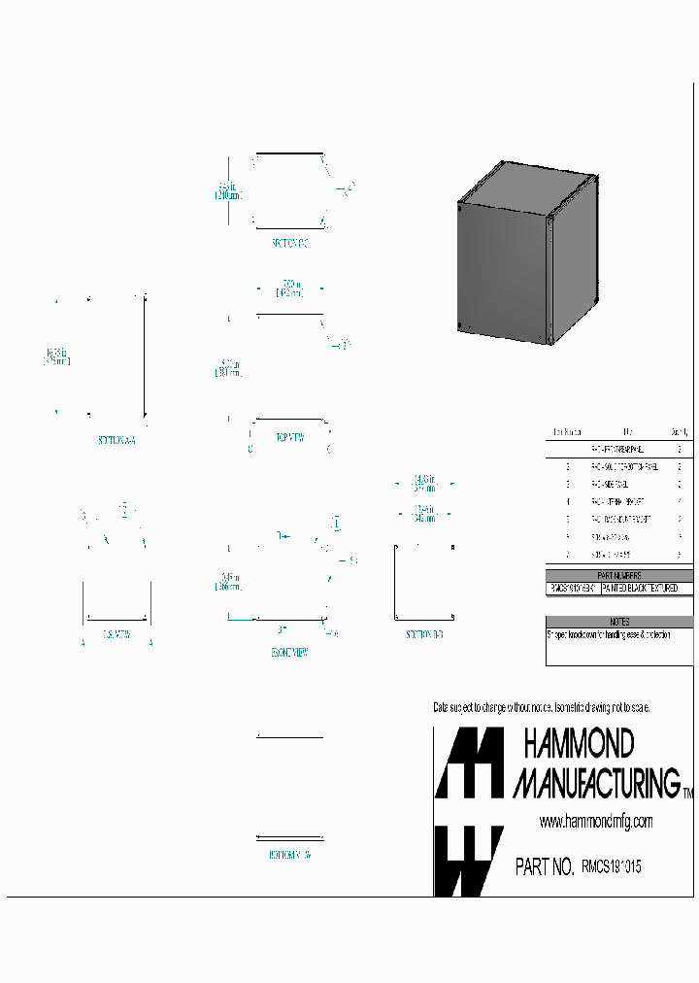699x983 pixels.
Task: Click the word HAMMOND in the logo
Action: tap(579, 745)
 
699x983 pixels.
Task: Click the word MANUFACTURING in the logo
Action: tap(596, 782)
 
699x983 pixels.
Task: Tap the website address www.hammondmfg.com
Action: tap(596, 822)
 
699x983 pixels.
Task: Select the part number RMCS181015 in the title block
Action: tap(611, 867)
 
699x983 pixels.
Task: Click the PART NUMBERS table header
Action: tap(621, 576)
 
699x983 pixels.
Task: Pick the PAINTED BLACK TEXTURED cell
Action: tap(647, 589)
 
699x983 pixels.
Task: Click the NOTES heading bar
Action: tap(620, 622)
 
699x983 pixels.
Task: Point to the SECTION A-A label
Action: tap(117, 440)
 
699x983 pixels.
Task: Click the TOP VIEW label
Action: tap(290, 438)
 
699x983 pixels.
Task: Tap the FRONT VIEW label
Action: tap(289, 654)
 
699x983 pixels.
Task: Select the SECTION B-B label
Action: tap(424, 634)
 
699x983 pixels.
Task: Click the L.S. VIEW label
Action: tap(116, 634)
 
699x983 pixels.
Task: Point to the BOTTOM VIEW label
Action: tap(289, 855)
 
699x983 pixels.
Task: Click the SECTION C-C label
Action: tap(289, 244)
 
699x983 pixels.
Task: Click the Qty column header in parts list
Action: tap(680, 431)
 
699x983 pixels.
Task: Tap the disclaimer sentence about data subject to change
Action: tap(541, 707)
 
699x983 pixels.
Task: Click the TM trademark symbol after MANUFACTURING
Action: tap(687, 795)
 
